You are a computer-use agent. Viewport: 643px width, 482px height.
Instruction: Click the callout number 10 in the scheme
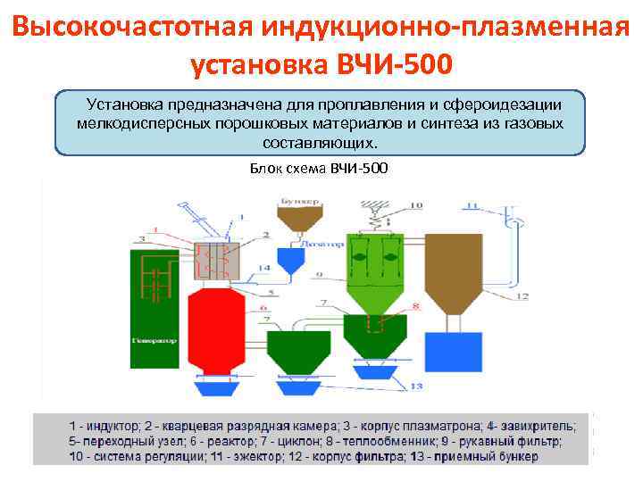pos(416,206)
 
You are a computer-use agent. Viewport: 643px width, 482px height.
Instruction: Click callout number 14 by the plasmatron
pos(263,269)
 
